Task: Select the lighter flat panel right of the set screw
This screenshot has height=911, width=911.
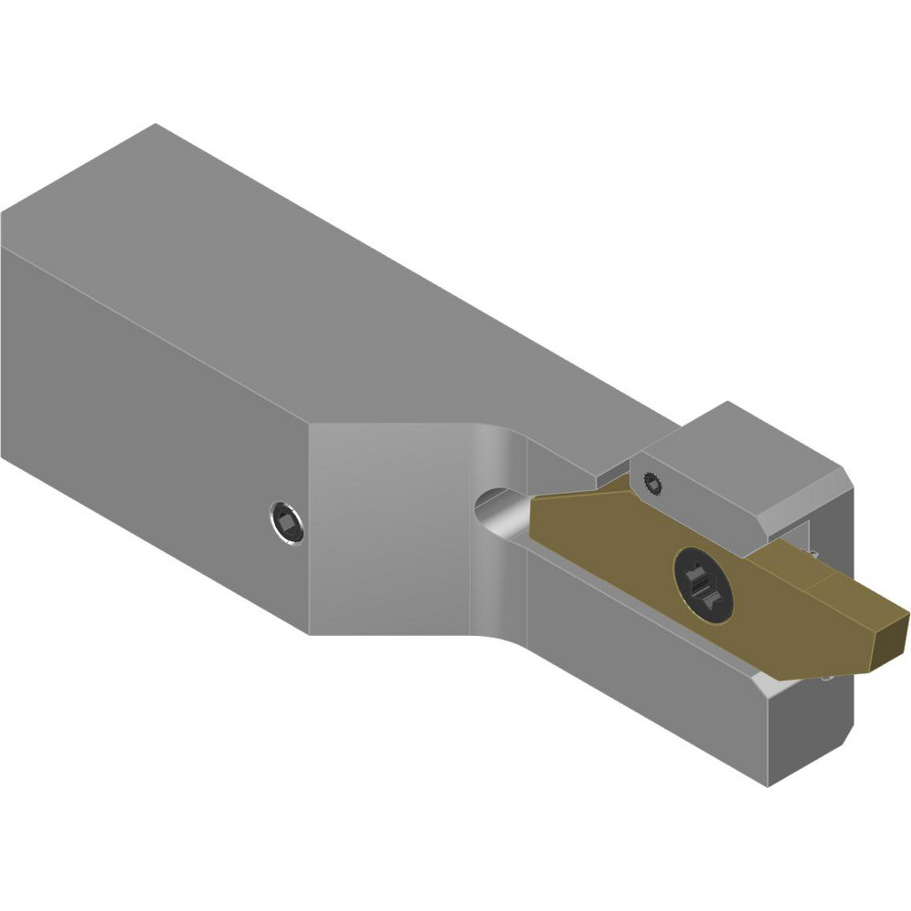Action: (392, 528)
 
